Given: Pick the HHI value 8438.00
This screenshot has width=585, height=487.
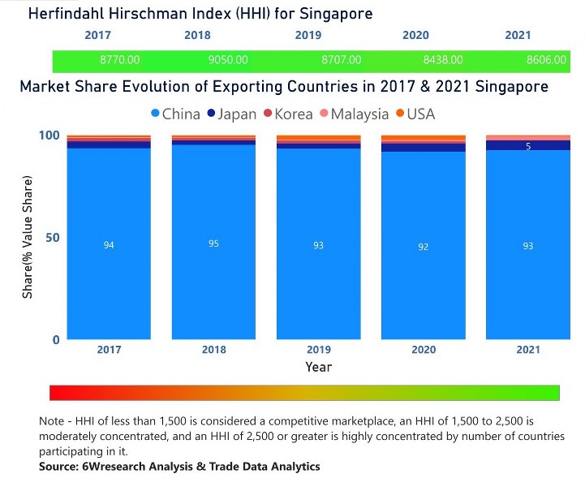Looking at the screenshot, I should coord(443,60).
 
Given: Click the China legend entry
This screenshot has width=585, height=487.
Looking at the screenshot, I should coord(174,114).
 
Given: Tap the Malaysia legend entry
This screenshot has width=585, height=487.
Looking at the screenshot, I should coord(354,114).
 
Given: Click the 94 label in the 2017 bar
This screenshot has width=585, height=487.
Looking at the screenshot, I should coord(109,245).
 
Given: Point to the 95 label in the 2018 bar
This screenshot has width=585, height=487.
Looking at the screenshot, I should coord(213,243).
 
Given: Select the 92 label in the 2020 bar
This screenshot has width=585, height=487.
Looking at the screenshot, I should coord(424,246).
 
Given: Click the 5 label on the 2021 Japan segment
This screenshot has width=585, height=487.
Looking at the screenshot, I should coord(528,146).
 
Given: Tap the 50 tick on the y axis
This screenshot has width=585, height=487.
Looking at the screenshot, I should coord(53,238).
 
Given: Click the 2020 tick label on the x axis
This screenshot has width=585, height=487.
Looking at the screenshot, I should coord(424,349).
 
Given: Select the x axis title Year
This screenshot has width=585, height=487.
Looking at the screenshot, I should coord(318,367).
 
